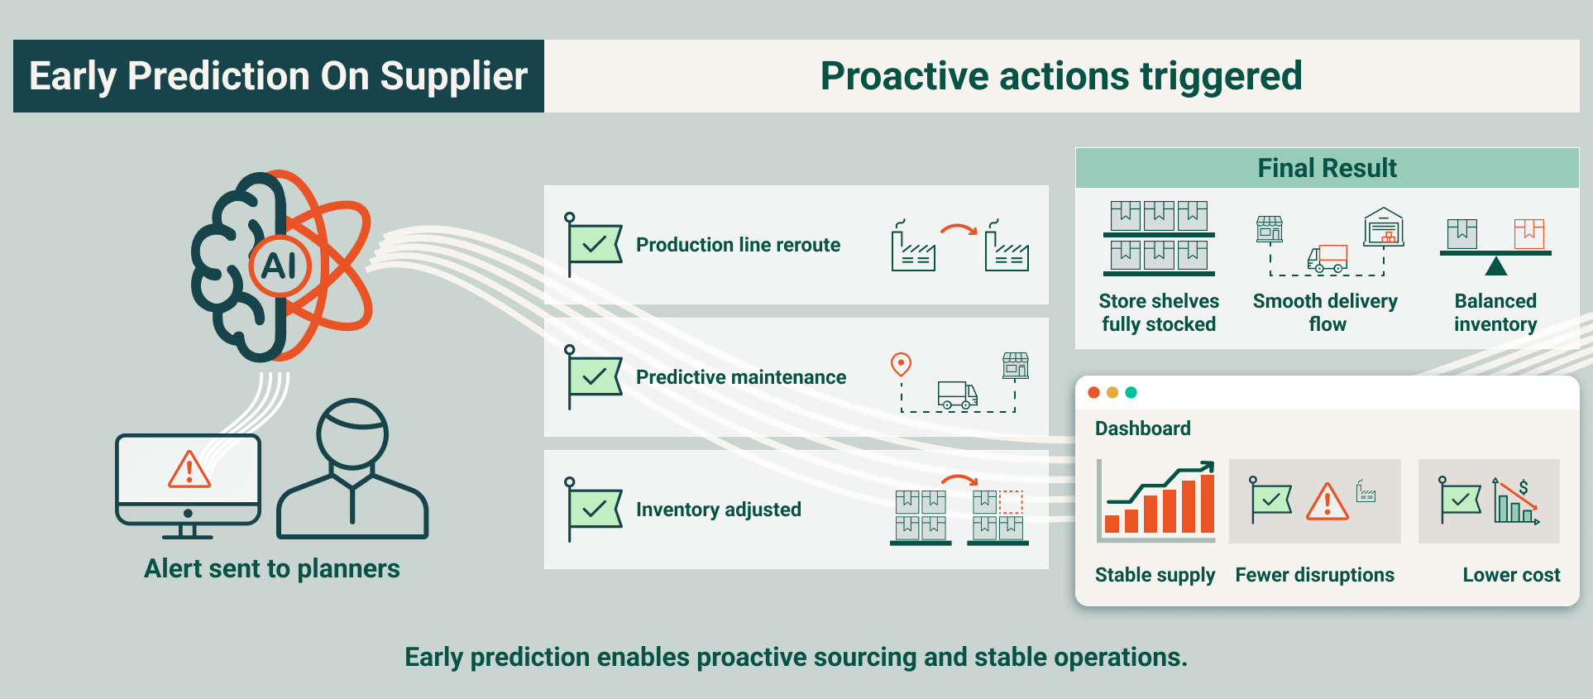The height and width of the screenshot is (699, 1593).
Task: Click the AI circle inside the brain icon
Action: pos(280,266)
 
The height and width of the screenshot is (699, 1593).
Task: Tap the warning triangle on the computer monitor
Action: pos(189,470)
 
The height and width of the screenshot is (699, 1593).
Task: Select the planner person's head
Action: pos(352,433)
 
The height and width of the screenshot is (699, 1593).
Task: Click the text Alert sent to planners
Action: pos(271,569)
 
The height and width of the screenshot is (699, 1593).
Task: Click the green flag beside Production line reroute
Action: pos(594,245)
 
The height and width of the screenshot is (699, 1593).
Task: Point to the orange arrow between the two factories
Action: pos(959,229)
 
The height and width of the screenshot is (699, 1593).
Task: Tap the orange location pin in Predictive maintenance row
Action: pos(901,364)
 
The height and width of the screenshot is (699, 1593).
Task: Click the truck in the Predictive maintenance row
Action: pos(957,395)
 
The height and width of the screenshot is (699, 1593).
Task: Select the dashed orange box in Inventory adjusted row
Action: pos(1011,501)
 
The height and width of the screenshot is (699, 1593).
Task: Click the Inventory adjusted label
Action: pos(718,510)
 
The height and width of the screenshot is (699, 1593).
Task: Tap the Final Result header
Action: pos(1327,168)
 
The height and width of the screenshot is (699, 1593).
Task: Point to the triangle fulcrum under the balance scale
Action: pos(1495,266)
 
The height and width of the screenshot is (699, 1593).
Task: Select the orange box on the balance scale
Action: pos(1528,233)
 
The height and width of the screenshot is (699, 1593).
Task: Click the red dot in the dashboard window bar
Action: pos(1093,392)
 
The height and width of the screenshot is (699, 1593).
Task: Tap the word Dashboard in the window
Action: pos(1142,428)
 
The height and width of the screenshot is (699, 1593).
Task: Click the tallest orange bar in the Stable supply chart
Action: pos(1207,503)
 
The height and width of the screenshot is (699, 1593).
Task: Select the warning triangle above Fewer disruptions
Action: pos(1327,502)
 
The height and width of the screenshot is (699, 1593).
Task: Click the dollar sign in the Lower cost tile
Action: pos(1523,487)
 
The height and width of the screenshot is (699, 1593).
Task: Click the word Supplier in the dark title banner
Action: pos(453,76)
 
